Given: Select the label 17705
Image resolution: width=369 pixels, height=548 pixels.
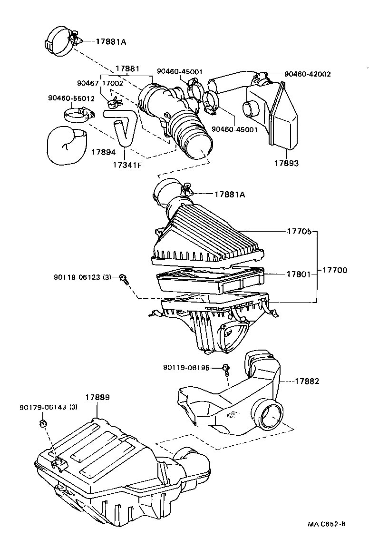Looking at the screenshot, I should click(299, 232).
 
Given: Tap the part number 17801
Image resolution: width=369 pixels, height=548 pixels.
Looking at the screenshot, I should click(299, 274).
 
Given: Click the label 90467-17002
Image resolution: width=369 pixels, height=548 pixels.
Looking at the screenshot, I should click(100, 83).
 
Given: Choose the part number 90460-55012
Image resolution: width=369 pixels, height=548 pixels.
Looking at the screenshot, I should click(71, 98).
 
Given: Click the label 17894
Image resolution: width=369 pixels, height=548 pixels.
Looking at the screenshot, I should click(103, 152).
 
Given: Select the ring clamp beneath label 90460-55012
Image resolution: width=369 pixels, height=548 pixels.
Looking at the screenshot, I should click(77, 115).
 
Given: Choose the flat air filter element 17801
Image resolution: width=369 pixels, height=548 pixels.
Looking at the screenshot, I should click(209, 281).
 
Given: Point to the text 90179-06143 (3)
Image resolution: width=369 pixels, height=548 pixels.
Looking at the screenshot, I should click(49, 408).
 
